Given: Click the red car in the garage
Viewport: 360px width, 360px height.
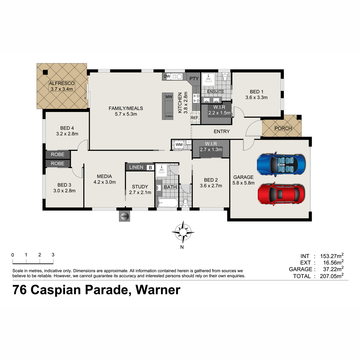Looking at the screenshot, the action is coord(281,194).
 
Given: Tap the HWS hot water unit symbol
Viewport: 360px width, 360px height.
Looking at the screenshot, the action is coord(124,217).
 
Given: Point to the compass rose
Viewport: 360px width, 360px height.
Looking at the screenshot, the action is coord(183,232).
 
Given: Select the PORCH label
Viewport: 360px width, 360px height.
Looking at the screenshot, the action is coord(283,128).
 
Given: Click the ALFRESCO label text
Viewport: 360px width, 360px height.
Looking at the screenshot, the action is coord(62,83).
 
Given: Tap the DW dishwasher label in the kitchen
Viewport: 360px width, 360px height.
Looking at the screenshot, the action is coord(167,76).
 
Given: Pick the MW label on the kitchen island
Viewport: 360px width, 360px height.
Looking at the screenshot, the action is coord(169,97).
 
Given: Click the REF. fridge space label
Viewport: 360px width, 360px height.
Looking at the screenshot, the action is coord(195,118).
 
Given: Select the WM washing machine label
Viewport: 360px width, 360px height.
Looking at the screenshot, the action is coord(179,145).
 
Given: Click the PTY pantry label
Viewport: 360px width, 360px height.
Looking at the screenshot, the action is coord(194,79).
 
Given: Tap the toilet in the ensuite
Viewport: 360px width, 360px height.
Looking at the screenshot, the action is coord(225,77).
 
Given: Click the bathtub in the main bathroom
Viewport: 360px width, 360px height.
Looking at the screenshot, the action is coord(168,203).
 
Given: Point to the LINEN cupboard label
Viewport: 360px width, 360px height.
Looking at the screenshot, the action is coord(136,167).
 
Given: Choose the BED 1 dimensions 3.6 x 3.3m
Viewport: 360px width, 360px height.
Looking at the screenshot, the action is coord(256,97).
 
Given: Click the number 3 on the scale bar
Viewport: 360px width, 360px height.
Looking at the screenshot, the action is coord(53,255).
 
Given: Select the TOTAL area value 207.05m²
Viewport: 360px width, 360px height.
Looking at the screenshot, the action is coord(331,276).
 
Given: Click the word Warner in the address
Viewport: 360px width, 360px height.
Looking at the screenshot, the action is coord(158,290).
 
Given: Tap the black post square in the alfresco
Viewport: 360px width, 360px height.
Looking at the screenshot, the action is coord(45,72).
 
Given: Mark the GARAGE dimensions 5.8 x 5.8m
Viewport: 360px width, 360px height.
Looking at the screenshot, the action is coord(243,183).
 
